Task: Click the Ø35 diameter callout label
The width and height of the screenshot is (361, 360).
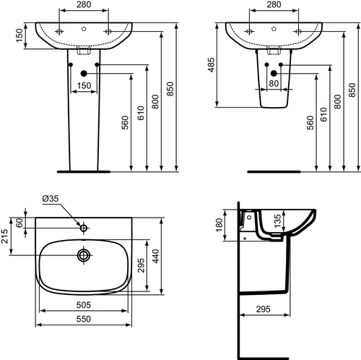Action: (x=51, y=198)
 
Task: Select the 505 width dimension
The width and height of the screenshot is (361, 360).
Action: (x=84, y=305)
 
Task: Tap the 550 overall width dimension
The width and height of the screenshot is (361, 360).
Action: (x=84, y=319)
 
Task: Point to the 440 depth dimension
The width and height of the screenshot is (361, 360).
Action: (x=155, y=256)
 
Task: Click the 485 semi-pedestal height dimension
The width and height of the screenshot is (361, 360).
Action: (x=211, y=65)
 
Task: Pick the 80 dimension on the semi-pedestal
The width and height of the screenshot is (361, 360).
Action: (x=274, y=83)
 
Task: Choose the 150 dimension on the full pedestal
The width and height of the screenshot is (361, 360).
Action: (x=84, y=85)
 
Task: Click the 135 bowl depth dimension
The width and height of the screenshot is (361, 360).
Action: (x=277, y=220)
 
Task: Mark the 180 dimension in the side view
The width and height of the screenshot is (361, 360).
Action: (x=219, y=225)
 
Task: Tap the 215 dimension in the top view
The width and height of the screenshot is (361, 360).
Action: (x=4, y=236)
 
